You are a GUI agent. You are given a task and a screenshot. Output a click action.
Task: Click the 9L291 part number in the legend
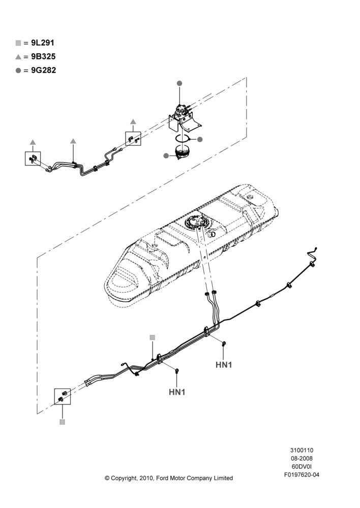[x=43, y=43]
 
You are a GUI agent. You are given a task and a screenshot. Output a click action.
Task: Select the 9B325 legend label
[x=43, y=56]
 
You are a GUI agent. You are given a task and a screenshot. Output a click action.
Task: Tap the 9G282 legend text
[x=43, y=70]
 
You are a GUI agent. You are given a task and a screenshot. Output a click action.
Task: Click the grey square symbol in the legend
[x=18, y=43]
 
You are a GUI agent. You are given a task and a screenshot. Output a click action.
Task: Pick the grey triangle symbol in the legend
[x=18, y=57]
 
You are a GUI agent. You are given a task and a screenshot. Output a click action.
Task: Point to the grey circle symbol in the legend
[x=18, y=71]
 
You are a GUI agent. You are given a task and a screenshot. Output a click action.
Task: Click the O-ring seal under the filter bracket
[x=183, y=138]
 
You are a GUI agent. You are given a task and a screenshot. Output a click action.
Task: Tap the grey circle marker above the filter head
[x=179, y=83]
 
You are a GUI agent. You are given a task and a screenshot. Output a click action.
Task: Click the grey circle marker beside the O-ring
[x=200, y=139]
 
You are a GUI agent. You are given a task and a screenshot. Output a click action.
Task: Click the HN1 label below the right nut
[x=224, y=365]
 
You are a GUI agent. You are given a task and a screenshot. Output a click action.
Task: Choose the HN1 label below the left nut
[x=177, y=392]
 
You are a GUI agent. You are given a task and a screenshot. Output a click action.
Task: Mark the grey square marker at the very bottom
[x=62, y=422]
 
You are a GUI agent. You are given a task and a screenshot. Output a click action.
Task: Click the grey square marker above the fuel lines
[x=153, y=338]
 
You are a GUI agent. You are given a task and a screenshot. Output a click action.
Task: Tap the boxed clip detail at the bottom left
[x=62, y=396]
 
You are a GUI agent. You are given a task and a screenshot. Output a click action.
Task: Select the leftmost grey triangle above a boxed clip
[x=33, y=142]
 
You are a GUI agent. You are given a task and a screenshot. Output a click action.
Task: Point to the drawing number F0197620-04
[x=302, y=474]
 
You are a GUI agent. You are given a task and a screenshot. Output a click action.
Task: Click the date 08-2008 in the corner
[x=302, y=458]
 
